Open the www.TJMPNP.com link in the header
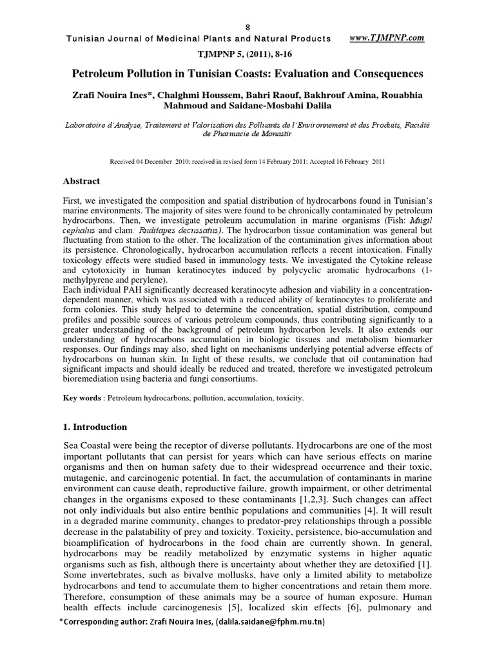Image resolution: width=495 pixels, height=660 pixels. (386, 38)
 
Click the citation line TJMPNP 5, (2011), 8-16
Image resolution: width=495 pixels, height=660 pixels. (247, 53)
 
